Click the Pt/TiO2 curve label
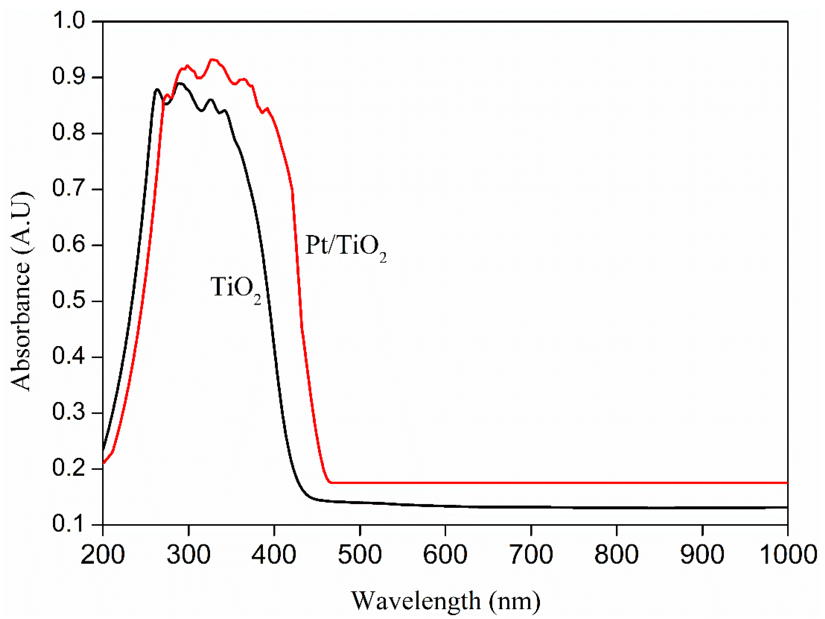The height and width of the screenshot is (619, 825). click(345, 247)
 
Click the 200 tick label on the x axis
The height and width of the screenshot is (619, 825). click(103, 555)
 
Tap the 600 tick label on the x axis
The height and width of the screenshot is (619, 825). click(445, 555)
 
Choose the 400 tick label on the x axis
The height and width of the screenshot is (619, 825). click(274, 555)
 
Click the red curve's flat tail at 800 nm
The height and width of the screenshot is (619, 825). click(616, 482)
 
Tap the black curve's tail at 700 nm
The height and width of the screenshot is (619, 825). click(531, 507)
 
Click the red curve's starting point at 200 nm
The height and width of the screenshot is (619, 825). click(103, 463)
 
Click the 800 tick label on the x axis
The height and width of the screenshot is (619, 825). click(616, 555)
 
